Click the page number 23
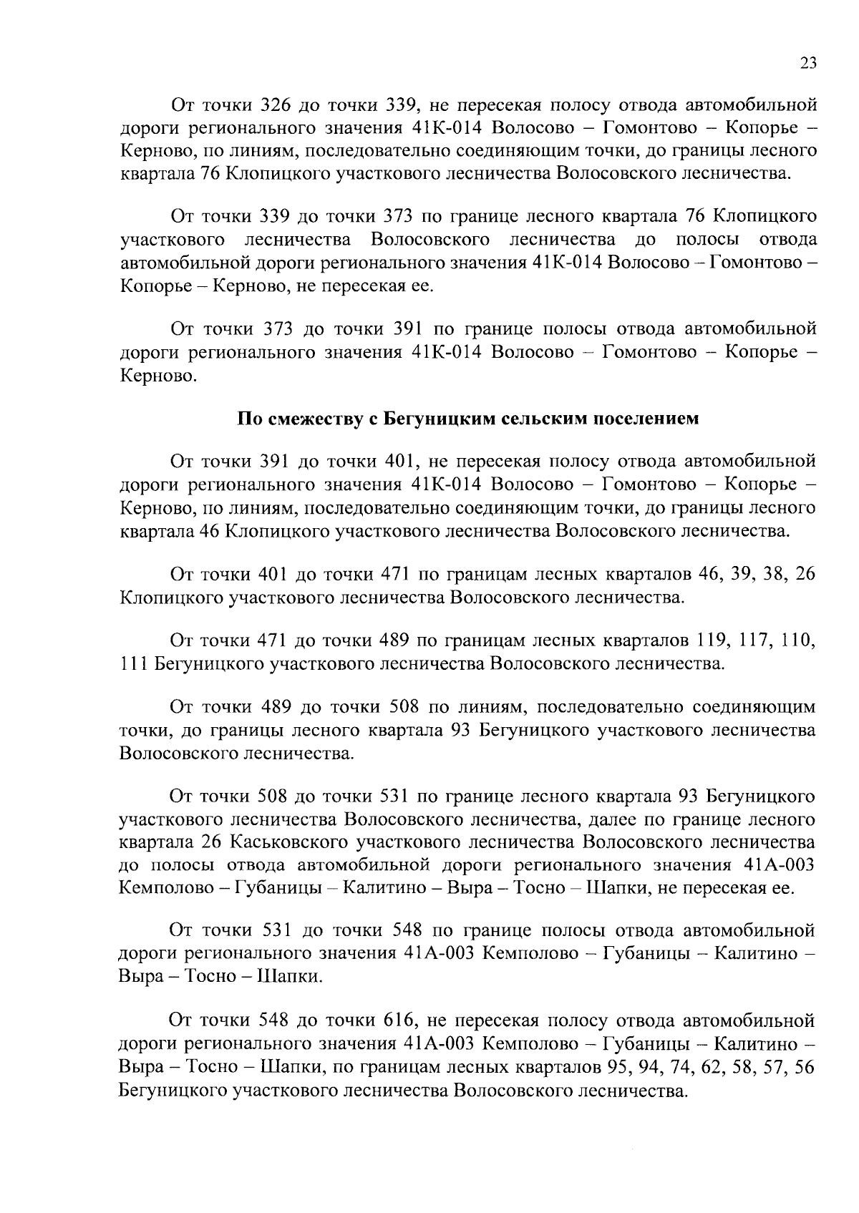[807, 63]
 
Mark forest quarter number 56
[805, 1065]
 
